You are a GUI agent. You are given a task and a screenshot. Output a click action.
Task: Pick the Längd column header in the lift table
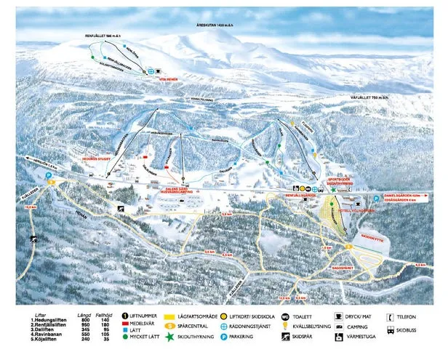(x=84, y=311)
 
